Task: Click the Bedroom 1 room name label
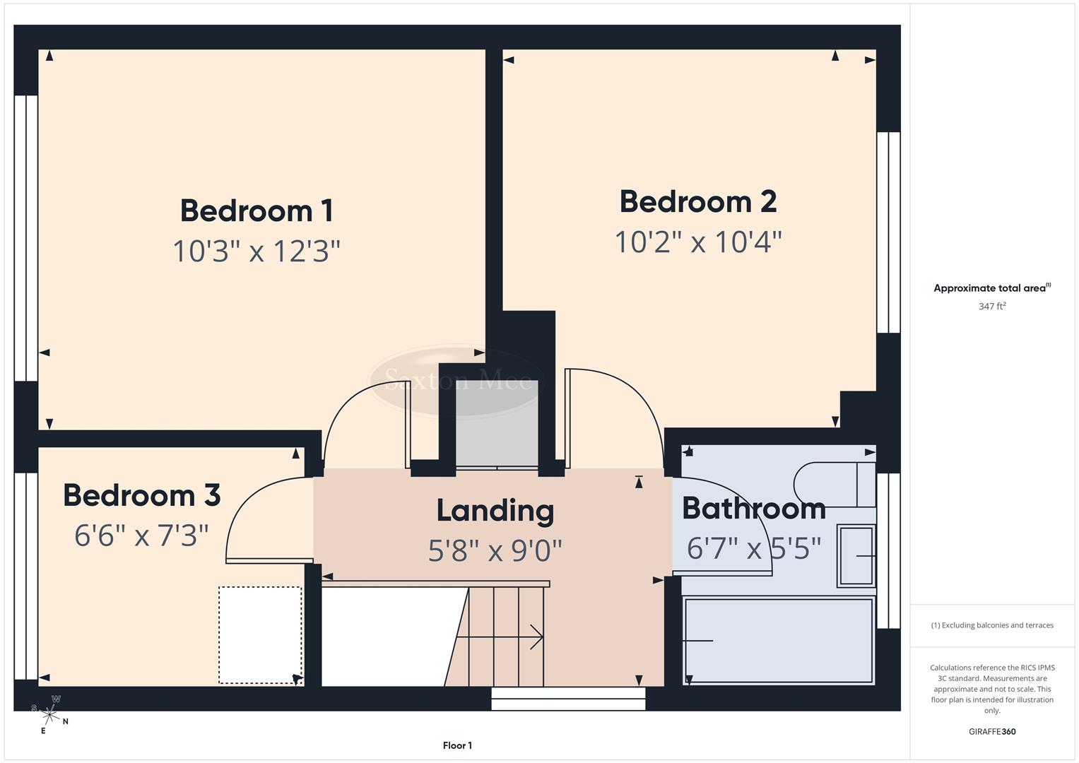click(x=257, y=211)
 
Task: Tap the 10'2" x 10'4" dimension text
click(x=698, y=242)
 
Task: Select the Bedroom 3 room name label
click(x=142, y=495)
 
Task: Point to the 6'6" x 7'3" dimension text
click(x=142, y=536)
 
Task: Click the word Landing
click(x=495, y=511)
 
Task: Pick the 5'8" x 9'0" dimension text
click(x=495, y=550)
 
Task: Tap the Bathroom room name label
click(x=753, y=509)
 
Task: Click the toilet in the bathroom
click(x=834, y=485)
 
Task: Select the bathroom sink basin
click(x=856, y=556)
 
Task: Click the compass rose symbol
click(x=50, y=714)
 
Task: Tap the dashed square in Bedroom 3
click(x=260, y=634)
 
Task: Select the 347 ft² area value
click(x=992, y=307)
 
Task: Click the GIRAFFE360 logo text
click(x=992, y=731)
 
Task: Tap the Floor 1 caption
click(x=457, y=745)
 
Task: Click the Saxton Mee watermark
click(x=457, y=381)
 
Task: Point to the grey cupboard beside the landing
click(x=497, y=424)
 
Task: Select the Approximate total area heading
click(x=991, y=288)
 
